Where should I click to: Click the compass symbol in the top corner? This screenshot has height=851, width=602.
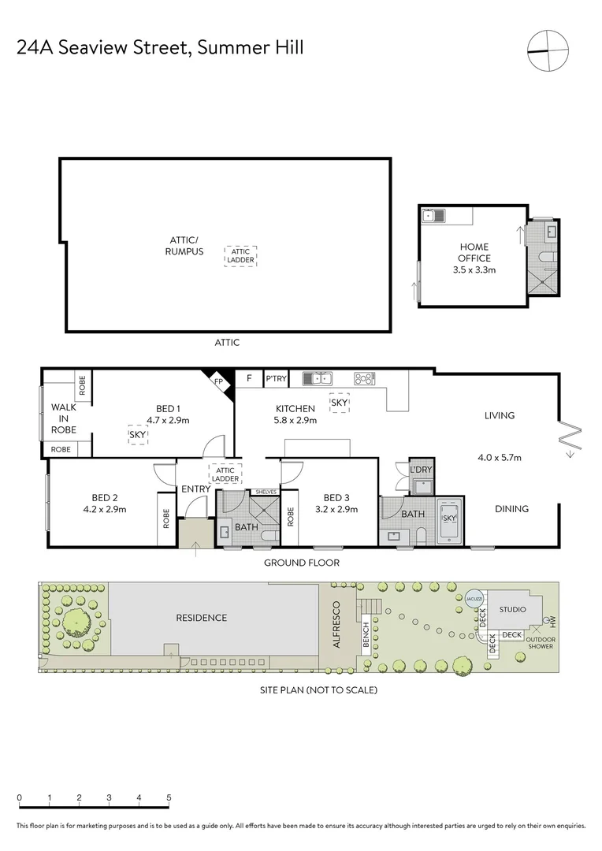click(x=548, y=51)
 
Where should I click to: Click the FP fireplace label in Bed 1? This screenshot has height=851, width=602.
click(x=218, y=381)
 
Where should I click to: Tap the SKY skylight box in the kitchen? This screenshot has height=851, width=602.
click(x=340, y=403)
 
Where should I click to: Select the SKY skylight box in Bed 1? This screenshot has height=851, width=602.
click(x=137, y=434)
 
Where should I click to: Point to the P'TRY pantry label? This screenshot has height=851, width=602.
click(x=276, y=379)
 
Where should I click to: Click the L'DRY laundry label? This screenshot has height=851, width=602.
click(x=422, y=470)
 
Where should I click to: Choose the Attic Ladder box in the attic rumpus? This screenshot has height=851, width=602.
click(x=240, y=255)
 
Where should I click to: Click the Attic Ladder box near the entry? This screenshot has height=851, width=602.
click(x=225, y=474)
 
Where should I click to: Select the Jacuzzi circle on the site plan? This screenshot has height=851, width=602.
click(x=474, y=599)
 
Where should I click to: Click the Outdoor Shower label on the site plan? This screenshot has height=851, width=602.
click(x=540, y=642)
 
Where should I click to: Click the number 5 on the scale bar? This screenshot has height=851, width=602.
click(x=169, y=797)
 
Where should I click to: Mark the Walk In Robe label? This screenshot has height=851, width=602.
click(x=64, y=418)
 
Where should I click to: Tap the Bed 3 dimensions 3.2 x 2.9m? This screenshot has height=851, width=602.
click(x=336, y=509)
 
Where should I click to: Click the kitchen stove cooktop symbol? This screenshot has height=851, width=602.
click(x=365, y=379)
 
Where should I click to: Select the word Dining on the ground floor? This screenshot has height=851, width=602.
click(x=511, y=508)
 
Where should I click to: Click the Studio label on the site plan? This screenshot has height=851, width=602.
click(x=512, y=609)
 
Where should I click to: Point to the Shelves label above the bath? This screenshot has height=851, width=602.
click(x=262, y=492)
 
